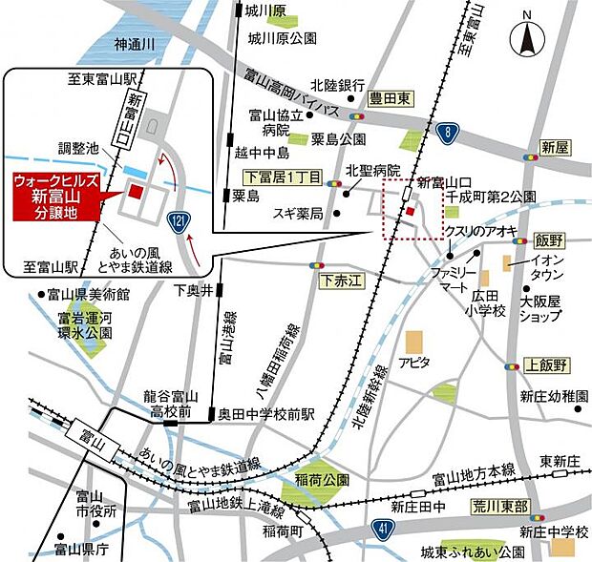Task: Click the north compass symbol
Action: coord(526,41)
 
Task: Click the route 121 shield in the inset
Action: coord(179,220)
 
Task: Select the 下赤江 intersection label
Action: coord(339,280)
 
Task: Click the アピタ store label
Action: coord(412,364)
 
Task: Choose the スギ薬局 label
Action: coord(298,212)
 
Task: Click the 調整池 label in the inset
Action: coord(77,149)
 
